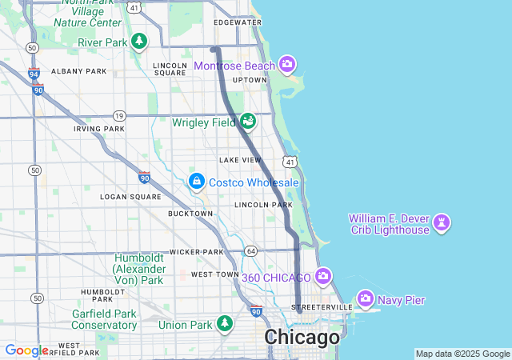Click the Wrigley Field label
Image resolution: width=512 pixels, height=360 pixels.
coord(203,123)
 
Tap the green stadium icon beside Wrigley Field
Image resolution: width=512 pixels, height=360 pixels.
coord(248,121)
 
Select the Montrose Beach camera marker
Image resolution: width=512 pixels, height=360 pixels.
coord(287,65)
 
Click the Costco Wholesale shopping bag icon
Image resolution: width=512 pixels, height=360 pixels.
coord(196,182)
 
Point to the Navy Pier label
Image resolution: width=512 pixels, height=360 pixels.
coord(402,300)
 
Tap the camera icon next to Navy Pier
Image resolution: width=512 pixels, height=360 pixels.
coord(366,299)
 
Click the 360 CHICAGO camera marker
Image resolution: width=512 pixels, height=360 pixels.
coord(322,277)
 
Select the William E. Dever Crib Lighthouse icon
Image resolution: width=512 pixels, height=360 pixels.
coord(441,222)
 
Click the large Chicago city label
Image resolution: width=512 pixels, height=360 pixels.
coord(302,338)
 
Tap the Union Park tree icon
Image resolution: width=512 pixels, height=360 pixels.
coord(226,324)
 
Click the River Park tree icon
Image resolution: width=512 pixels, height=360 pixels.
coord(139,42)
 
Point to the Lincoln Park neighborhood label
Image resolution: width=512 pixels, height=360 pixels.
coord(263,205)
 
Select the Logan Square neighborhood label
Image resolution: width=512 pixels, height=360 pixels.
coord(130,196)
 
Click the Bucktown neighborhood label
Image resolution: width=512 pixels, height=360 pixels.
coord(190,214)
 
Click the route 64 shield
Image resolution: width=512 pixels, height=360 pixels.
coord(250,251)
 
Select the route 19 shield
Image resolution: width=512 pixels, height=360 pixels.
coord(118,115)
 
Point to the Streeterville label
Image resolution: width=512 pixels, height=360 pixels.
coord(322,306)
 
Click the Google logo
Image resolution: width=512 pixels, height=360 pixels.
coord(26,350)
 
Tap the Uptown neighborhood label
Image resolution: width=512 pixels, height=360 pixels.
coord(248,80)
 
